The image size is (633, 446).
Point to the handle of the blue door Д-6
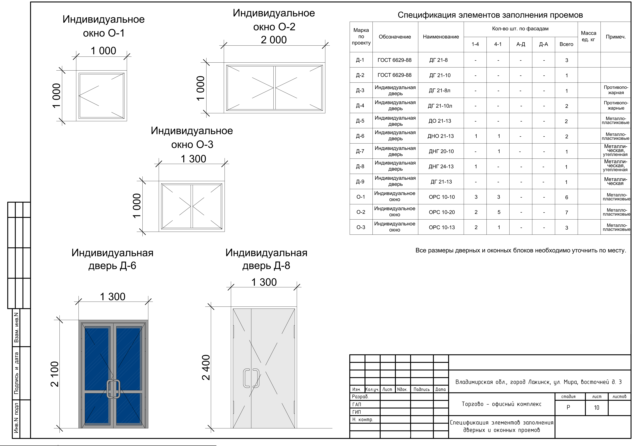coord(113,389)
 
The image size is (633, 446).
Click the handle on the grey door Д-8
coord(251,378)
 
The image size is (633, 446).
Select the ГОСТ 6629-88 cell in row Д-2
coord(394,75)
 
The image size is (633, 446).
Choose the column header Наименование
coord(441,37)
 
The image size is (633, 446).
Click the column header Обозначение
coord(395,37)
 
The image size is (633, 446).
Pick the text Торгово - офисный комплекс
coord(501,404)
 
